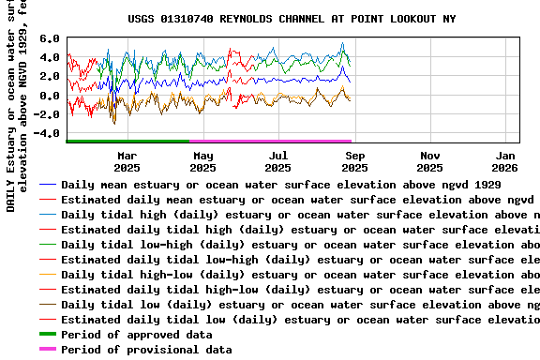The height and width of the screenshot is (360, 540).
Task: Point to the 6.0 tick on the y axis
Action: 50,39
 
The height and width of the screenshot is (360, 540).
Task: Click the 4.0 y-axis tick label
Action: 50,58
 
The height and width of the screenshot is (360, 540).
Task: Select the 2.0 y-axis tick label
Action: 50,77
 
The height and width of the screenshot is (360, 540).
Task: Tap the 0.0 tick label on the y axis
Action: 50,96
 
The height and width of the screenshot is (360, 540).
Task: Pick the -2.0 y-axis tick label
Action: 47,114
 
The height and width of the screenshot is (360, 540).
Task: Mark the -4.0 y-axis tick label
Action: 47,133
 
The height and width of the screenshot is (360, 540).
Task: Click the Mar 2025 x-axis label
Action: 127,161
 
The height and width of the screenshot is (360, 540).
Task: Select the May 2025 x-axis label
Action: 202,161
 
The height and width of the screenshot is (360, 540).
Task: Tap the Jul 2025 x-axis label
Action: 278,161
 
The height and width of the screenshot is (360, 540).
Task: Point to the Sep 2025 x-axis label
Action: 354,161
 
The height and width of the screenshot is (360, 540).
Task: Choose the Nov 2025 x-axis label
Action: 430,161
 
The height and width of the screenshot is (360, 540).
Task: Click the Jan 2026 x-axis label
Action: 505,161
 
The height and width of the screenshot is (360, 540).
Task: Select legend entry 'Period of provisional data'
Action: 145,350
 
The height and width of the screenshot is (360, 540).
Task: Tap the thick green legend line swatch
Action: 47,335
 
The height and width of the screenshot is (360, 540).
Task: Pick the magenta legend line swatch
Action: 47,350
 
